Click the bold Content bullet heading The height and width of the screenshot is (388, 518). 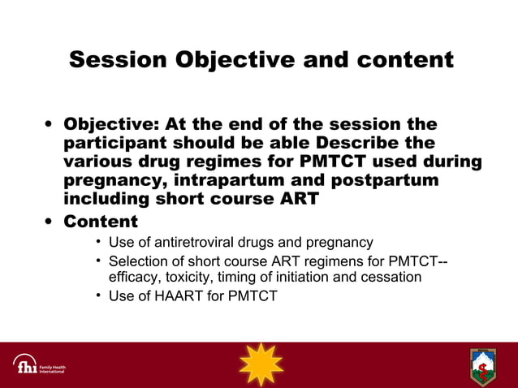(x=101, y=221)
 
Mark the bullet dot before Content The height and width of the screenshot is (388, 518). (x=50, y=222)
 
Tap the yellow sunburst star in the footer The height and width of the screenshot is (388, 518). (x=261, y=364)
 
